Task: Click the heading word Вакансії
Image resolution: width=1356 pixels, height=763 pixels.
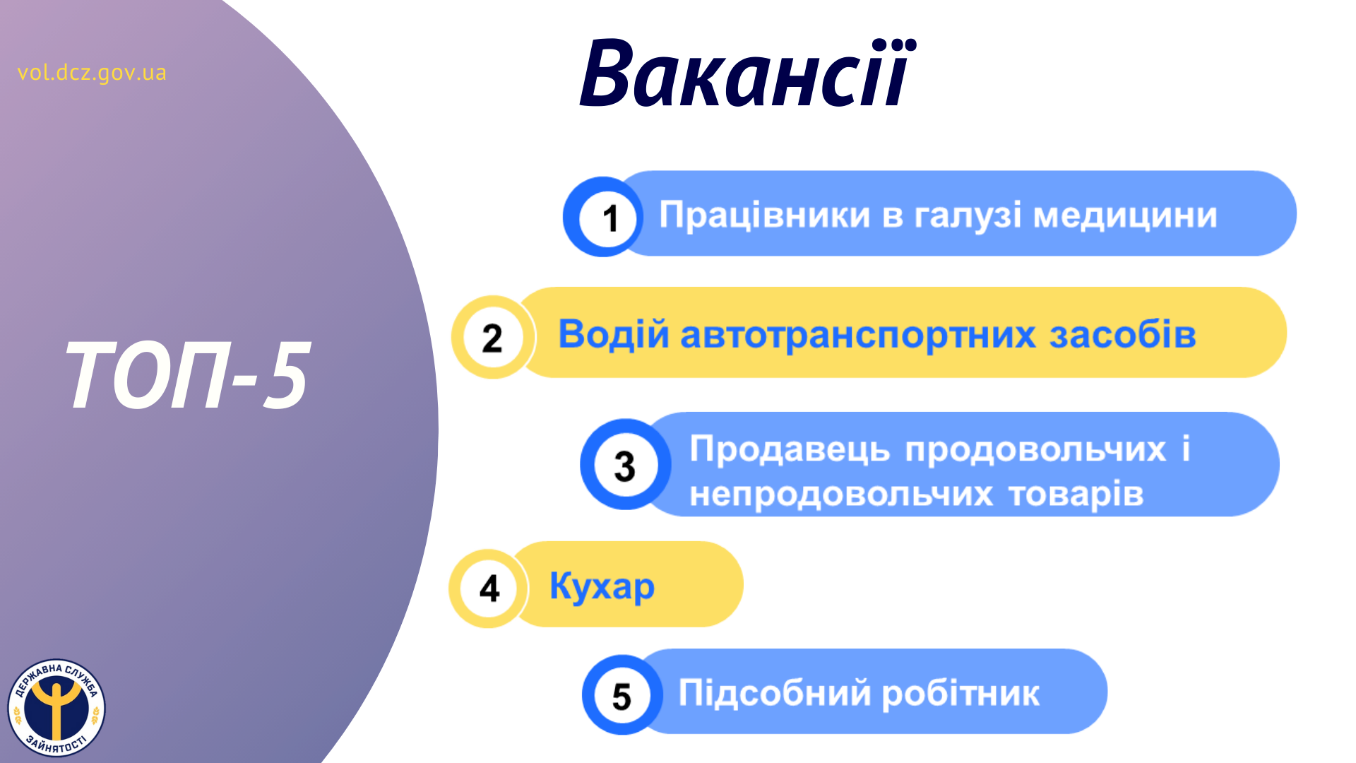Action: (x=747, y=73)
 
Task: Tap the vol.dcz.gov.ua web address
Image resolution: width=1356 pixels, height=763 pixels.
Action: (x=92, y=73)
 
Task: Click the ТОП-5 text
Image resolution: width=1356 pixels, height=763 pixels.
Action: (x=188, y=374)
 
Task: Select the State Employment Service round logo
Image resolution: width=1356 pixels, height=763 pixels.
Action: (x=56, y=708)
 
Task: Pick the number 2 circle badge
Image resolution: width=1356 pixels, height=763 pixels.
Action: (x=493, y=337)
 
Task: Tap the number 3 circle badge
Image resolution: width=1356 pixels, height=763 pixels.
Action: (x=625, y=465)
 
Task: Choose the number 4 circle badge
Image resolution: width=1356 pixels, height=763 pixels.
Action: (x=489, y=588)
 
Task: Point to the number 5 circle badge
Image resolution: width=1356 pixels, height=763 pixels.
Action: (x=622, y=695)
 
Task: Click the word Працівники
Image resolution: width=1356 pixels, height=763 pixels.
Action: (x=764, y=215)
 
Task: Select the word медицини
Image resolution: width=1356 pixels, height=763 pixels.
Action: (x=1125, y=215)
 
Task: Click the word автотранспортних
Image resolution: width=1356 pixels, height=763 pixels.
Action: (x=858, y=335)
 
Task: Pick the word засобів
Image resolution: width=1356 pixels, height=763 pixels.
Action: (x=1122, y=334)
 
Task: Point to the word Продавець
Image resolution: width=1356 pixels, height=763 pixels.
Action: (x=790, y=449)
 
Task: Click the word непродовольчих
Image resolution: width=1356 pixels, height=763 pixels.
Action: (x=841, y=494)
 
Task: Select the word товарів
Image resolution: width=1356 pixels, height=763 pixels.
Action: (x=1076, y=493)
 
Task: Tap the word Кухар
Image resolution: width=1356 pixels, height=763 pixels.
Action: (x=602, y=586)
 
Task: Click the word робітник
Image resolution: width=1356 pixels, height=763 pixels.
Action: (x=961, y=693)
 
